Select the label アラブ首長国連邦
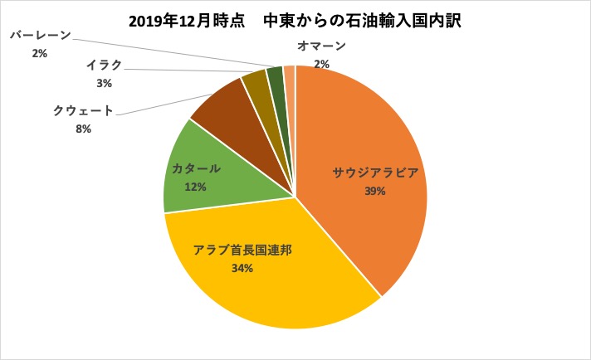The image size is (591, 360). (242, 250)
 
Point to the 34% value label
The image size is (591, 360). (242, 268)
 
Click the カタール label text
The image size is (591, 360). (196, 168)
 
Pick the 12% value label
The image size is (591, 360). (196, 187)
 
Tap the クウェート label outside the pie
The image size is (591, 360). (83, 111)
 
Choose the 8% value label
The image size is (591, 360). (83, 129)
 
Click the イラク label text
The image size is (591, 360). (104, 65)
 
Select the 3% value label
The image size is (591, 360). (104, 83)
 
